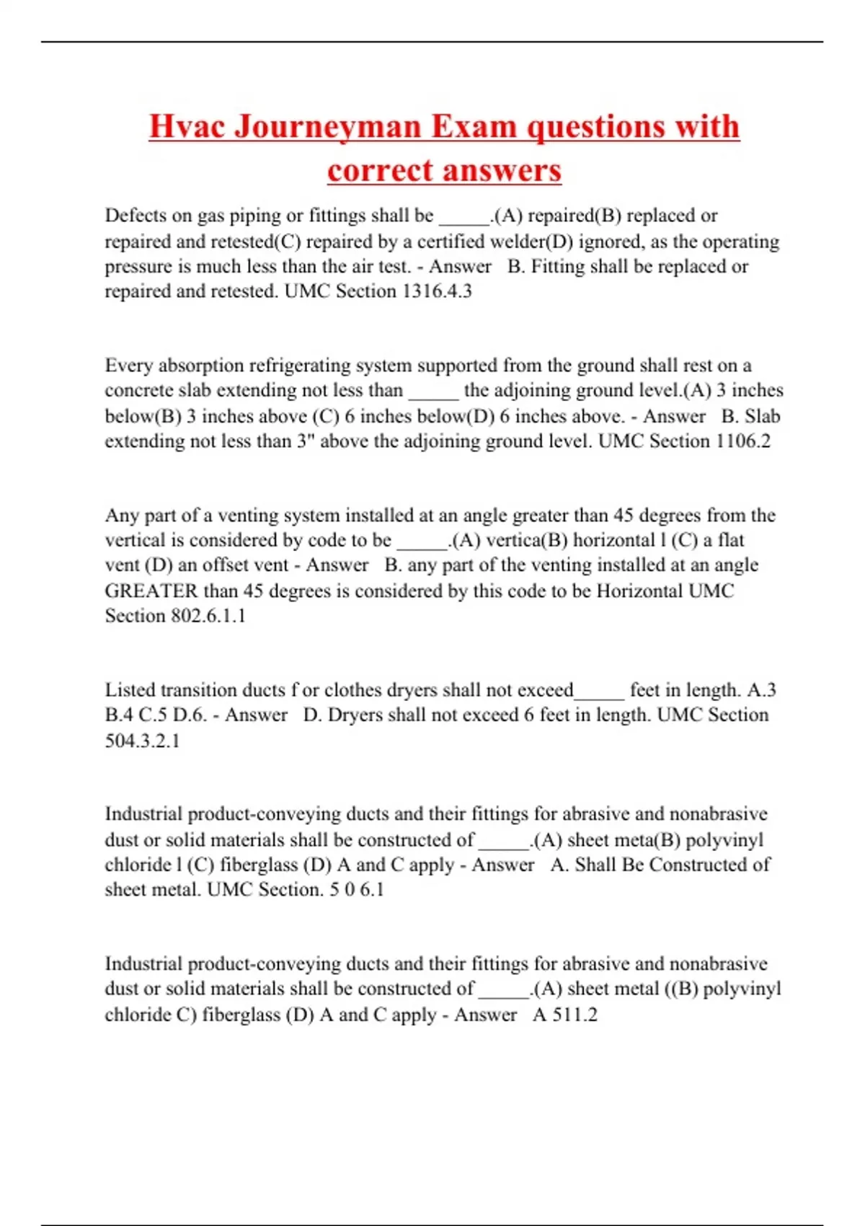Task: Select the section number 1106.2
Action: click(x=743, y=441)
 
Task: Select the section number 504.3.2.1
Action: click(x=142, y=741)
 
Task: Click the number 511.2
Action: click(x=575, y=1015)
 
